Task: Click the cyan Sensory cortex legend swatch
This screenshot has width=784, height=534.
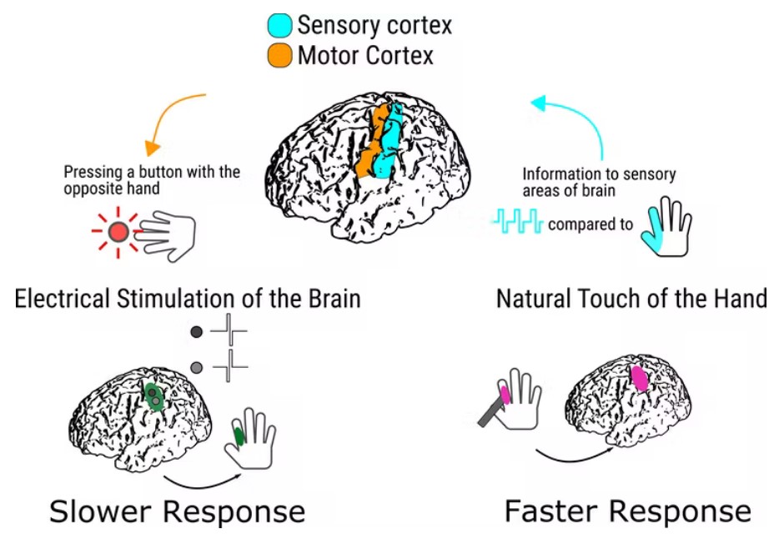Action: point(279,25)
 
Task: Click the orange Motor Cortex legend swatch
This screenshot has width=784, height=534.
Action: point(279,57)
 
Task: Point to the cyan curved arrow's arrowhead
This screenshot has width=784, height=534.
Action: point(539,103)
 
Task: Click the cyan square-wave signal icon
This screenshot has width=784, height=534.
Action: point(517,223)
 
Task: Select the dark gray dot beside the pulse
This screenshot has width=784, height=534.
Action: point(197,332)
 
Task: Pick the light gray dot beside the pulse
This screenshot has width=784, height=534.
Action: point(197,367)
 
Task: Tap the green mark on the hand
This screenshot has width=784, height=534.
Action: point(239,436)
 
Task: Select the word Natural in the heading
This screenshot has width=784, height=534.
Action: point(535,298)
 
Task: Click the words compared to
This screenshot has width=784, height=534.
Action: point(590,224)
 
